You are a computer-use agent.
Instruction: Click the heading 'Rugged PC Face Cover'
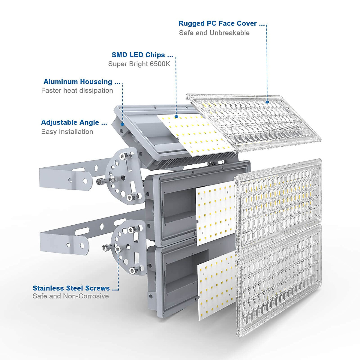217,23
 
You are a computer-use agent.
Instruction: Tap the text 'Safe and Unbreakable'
214,33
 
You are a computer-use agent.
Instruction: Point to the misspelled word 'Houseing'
98,82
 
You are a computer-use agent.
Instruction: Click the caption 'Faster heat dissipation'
77,91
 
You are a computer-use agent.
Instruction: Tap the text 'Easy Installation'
67,132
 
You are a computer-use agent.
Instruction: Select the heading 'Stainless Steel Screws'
71,288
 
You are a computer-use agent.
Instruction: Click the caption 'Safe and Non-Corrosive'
70,296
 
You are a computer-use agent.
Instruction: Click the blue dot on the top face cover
267,102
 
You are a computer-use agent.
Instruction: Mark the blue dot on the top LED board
176,116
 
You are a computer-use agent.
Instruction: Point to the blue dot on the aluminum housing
122,124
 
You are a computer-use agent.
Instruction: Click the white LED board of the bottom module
216,285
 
